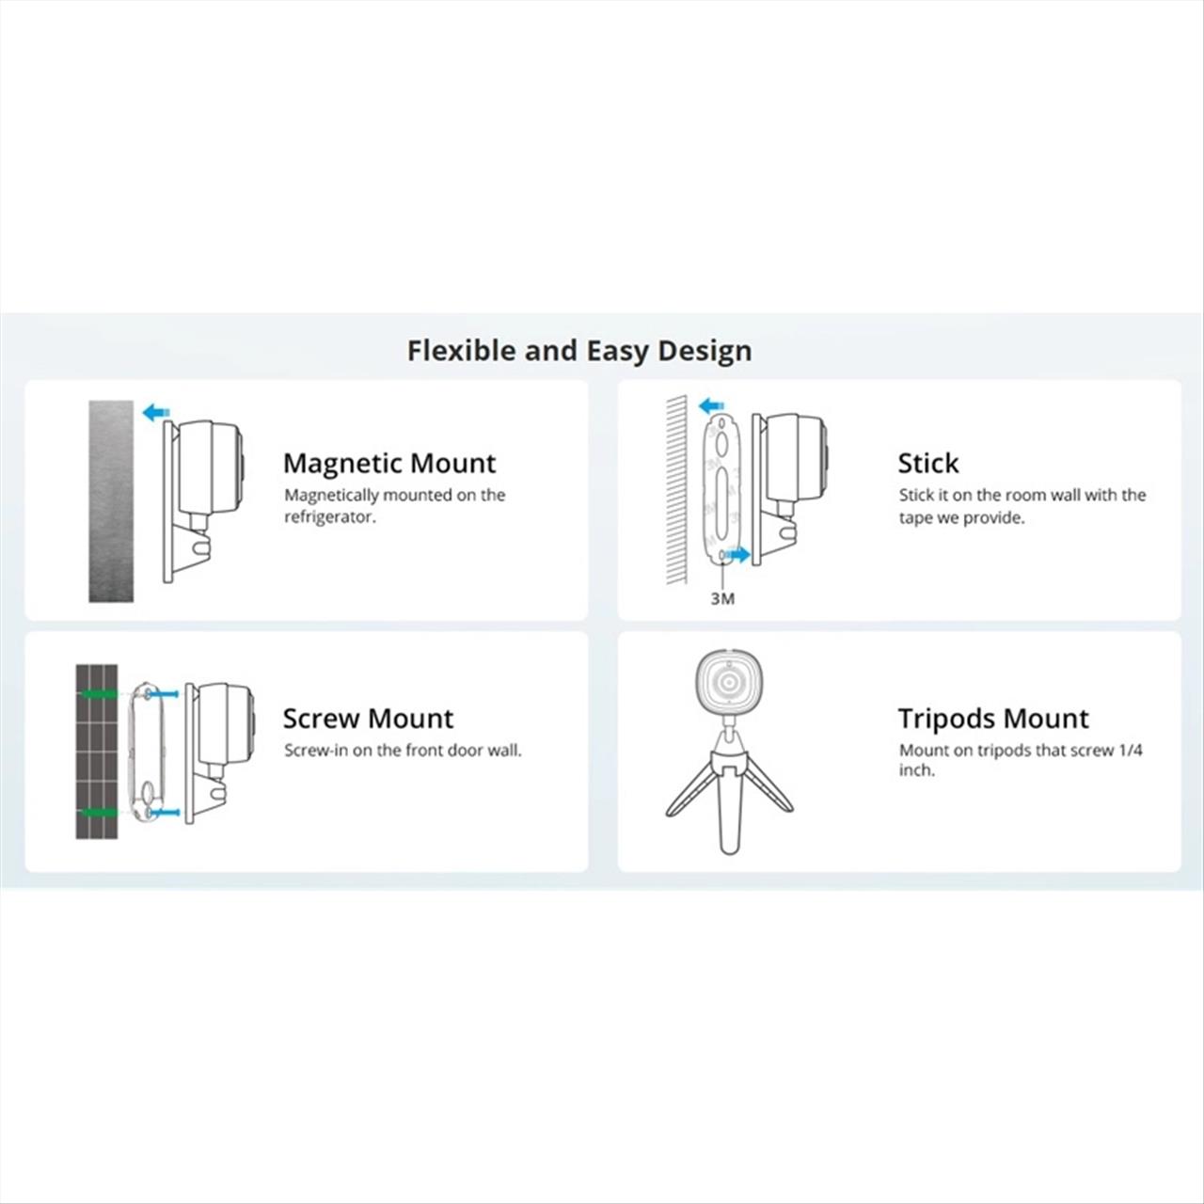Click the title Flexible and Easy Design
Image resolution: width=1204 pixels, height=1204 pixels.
pyautogui.click(x=579, y=351)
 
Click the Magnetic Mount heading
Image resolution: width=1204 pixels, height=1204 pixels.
pyautogui.click(x=389, y=463)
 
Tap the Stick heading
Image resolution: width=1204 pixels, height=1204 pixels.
pyautogui.click(x=927, y=463)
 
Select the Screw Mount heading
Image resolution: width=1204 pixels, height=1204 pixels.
pyautogui.click(x=368, y=719)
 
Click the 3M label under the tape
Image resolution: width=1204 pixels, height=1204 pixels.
pyautogui.click(x=722, y=598)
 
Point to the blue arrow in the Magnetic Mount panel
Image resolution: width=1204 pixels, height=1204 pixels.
pyautogui.click(x=156, y=412)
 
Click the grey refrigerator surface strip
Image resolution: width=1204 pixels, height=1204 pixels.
pyautogui.click(x=111, y=501)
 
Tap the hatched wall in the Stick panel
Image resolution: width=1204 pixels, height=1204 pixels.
pyautogui.click(x=676, y=489)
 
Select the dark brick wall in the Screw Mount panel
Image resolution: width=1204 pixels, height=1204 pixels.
pyautogui.click(x=97, y=751)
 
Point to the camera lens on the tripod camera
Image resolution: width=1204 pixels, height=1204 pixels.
pyautogui.click(x=729, y=683)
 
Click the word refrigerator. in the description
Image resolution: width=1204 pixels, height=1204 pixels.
pyautogui.click(x=330, y=517)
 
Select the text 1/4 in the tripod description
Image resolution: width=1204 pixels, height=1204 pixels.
pyautogui.click(x=1131, y=750)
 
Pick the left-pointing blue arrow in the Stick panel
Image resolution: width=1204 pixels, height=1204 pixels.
pyautogui.click(x=711, y=406)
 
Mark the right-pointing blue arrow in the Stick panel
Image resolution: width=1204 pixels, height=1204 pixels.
pyautogui.click(x=737, y=554)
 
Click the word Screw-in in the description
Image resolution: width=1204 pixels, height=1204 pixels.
pyautogui.click(x=315, y=750)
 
